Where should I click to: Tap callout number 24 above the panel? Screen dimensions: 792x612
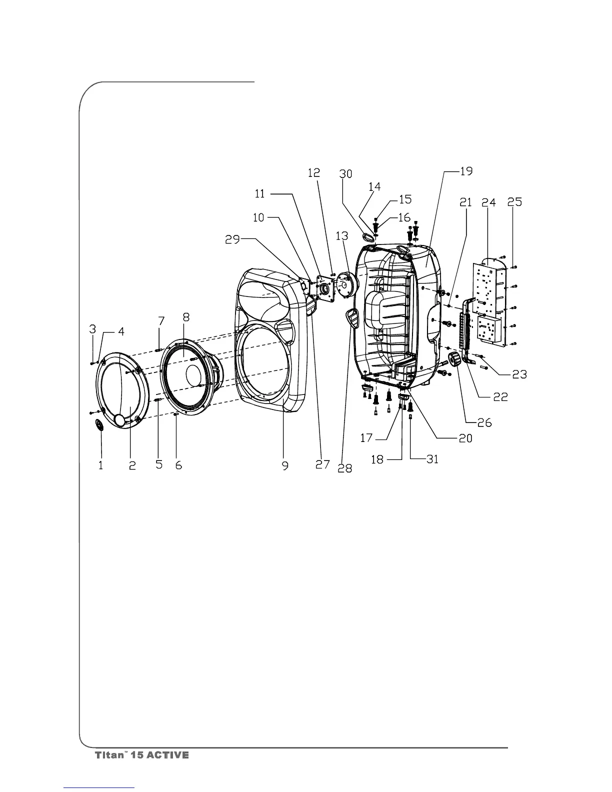point(488,202)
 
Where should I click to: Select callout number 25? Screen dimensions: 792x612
point(514,202)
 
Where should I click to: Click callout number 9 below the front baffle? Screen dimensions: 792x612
point(285,465)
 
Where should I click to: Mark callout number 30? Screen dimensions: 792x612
point(345,174)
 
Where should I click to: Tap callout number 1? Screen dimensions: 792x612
point(101,465)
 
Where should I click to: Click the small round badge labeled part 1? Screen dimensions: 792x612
point(99,425)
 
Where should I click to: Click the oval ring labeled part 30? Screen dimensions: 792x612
point(369,237)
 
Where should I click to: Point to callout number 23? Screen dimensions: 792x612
point(519,374)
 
